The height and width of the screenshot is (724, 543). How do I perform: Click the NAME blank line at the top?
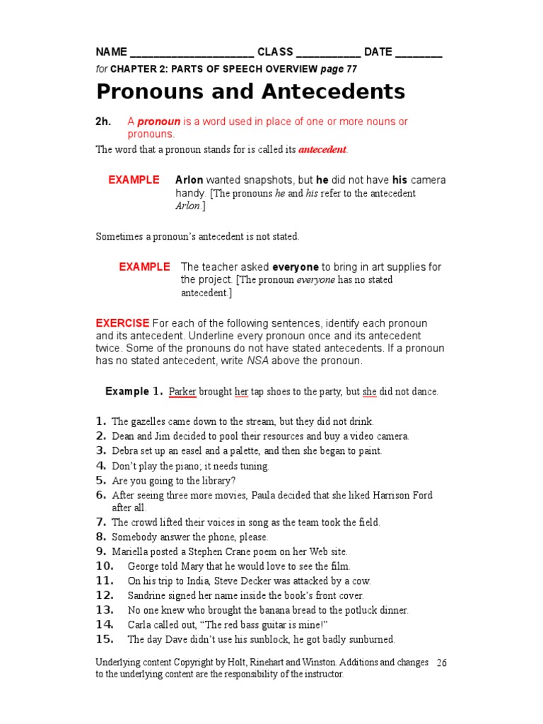tap(192, 54)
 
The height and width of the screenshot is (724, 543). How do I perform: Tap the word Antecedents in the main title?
tap(325, 92)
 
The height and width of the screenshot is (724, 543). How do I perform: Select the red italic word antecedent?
tap(322, 150)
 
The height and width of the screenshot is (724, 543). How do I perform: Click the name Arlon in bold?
tap(189, 180)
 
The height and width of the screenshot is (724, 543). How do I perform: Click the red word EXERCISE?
tap(122, 323)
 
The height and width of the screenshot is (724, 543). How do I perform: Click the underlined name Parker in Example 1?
tap(182, 392)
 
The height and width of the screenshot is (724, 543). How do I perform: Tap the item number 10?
tap(104, 566)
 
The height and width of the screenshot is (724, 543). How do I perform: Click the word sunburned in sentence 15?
tap(370, 640)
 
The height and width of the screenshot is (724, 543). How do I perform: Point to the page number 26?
tap(442, 663)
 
